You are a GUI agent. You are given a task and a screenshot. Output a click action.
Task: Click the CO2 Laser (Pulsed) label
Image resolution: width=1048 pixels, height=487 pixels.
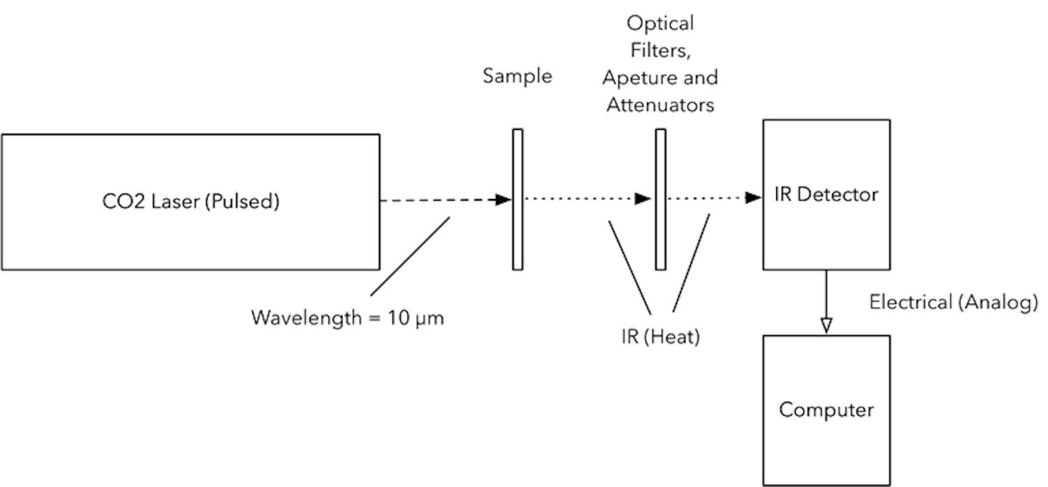point(190,203)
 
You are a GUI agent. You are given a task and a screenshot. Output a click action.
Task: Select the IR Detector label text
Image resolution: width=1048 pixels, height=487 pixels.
point(826,194)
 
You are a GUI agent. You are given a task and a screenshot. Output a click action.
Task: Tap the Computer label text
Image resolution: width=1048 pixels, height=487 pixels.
point(826,409)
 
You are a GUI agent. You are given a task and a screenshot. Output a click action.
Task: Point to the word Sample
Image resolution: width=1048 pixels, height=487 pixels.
point(517,75)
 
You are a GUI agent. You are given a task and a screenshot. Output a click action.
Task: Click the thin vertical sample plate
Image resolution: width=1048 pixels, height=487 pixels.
point(517,199)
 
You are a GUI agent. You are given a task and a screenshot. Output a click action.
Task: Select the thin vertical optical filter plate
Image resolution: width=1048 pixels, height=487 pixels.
point(660,199)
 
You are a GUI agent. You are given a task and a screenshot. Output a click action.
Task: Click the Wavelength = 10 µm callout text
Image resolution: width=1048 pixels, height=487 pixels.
point(347,318)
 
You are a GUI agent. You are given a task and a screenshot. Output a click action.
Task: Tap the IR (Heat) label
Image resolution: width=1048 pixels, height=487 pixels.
point(660,337)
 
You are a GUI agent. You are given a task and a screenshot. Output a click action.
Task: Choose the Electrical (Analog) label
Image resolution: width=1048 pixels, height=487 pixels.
point(953,302)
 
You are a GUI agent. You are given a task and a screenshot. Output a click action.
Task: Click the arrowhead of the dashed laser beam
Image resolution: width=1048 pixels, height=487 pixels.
point(503,200)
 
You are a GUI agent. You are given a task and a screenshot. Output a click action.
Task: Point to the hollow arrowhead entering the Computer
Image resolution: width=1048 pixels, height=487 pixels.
point(826,326)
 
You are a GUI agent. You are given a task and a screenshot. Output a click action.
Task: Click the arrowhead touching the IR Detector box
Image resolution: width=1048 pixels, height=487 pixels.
point(753,198)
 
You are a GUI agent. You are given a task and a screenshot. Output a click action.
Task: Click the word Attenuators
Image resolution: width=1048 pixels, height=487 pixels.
point(660,106)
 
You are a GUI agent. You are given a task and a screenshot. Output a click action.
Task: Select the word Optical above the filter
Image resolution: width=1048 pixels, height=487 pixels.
point(660,23)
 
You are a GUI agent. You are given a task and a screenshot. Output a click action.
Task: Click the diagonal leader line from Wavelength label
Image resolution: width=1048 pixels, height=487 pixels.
point(410,256)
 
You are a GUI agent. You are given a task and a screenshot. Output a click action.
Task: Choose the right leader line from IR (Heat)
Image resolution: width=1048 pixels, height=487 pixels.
point(691,263)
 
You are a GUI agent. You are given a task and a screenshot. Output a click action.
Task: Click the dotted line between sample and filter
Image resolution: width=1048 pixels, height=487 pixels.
point(580,199)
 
